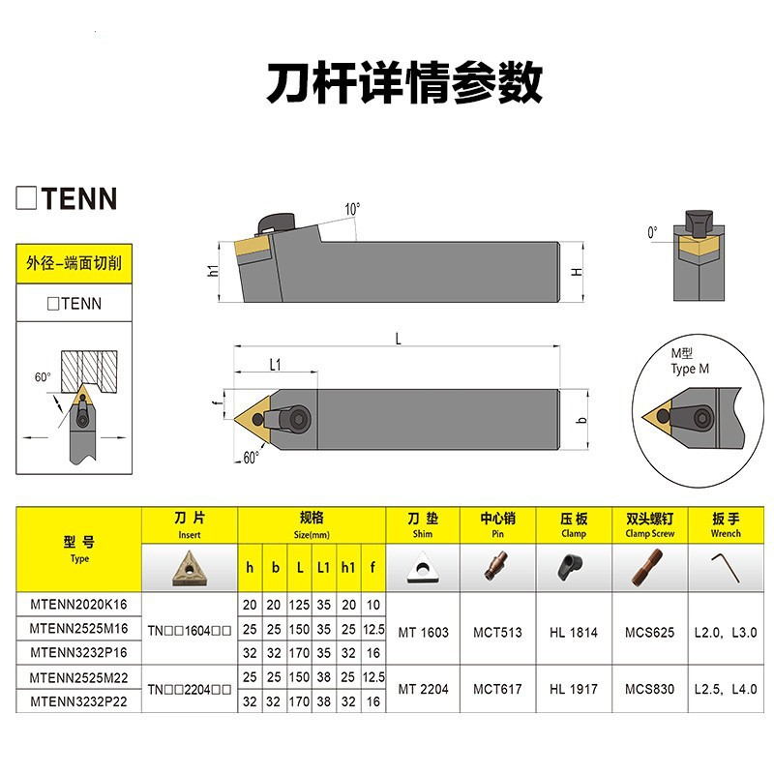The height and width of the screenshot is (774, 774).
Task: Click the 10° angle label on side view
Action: coord(352,208)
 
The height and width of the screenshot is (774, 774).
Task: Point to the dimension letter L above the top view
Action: coord(399,338)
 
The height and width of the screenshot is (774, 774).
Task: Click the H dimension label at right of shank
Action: coord(577,272)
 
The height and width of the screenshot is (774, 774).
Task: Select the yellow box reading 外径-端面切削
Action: coord(74,263)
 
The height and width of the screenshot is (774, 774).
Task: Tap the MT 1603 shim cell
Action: coord(423,633)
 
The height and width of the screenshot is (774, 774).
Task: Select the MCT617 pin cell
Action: coord(498,690)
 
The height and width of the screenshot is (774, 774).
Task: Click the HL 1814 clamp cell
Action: coord(574,633)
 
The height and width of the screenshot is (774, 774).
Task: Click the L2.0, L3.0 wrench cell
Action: coord(726,633)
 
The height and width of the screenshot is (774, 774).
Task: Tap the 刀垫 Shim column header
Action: coord(423,524)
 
